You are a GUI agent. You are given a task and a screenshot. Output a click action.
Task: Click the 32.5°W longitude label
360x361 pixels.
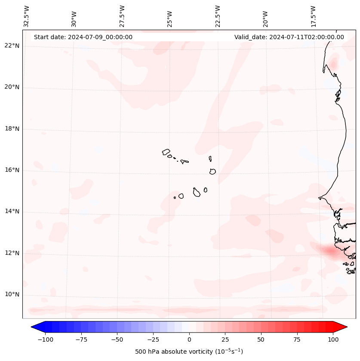(x=27, y=16)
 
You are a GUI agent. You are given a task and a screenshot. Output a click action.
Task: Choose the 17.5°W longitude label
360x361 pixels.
(x=313, y=16)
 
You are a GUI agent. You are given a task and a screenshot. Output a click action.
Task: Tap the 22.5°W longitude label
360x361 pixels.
(x=218, y=16)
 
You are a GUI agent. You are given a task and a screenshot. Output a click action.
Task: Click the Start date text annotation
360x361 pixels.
(x=83, y=37)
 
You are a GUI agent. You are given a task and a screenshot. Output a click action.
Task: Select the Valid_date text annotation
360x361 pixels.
(x=289, y=37)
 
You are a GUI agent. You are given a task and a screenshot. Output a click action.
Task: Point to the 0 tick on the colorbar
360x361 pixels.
(x=189, y=339)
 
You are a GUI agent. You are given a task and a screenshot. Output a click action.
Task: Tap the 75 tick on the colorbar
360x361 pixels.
(x=297, y=339)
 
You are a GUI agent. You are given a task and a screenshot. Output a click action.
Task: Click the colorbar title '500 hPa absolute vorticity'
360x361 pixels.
(x=189, y=352)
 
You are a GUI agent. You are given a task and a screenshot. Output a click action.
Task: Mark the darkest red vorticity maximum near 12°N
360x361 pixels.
(x=330, y=250)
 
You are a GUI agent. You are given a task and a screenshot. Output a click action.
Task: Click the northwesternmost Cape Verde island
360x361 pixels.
(x=166, y=152)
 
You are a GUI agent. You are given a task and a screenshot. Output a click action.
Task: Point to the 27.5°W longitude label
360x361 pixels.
(x=122, y=16)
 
